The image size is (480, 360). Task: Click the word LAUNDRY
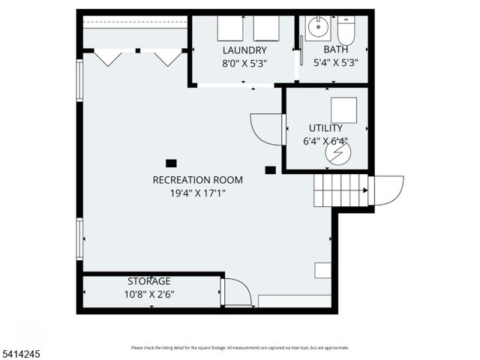[244, 50]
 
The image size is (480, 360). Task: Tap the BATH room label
[335, 50]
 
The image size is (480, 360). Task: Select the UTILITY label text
[325, 128]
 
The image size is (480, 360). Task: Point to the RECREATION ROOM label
[197, 179]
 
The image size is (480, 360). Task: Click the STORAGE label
[148, 280]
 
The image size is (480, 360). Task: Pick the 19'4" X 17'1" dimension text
[197, 193]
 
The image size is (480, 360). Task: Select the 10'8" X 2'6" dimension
[149, 294]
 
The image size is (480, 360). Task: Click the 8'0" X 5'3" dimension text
[244, 64]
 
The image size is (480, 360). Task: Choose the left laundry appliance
[229, 28]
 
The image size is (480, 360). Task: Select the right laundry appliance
[265, 28]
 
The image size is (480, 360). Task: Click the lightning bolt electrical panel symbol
[337, 152]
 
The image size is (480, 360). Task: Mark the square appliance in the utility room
[344, 109]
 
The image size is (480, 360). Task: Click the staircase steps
[341, 190]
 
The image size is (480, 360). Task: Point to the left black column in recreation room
[171, 163]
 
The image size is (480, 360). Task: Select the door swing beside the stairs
[388, 189]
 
